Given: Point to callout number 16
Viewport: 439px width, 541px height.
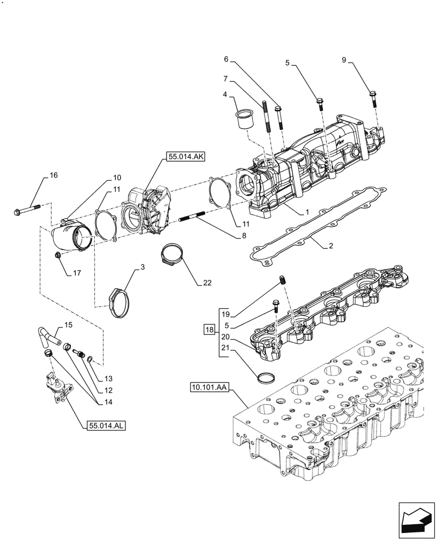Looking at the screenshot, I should tap(54, 175).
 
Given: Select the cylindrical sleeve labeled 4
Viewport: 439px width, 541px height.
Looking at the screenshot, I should tap(244, 119).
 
